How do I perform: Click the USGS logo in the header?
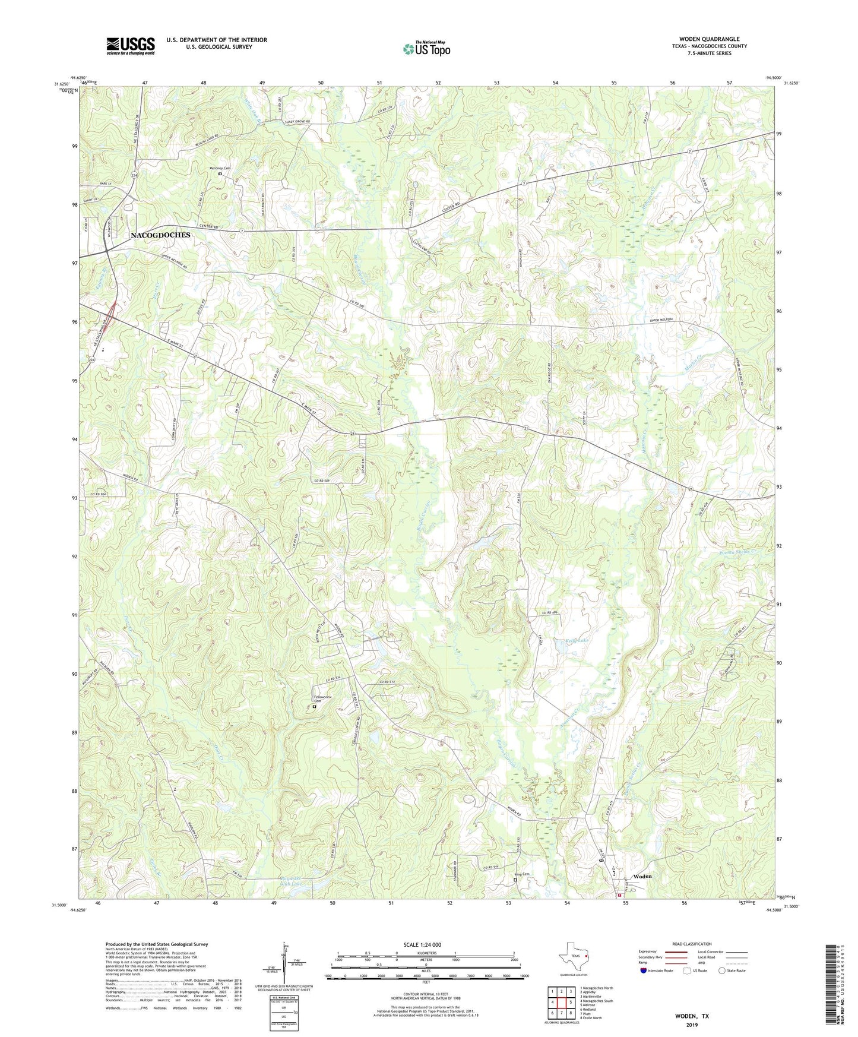pos(131,45)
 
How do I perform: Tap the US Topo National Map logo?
pos(426,49)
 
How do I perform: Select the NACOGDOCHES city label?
pos(160,235)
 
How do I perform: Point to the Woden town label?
pos(642,876)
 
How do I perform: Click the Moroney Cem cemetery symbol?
pos(220,175)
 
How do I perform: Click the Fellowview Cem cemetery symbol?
pos(314,707)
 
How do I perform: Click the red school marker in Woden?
pos(619,894)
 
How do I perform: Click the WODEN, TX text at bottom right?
pos(691,1016)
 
